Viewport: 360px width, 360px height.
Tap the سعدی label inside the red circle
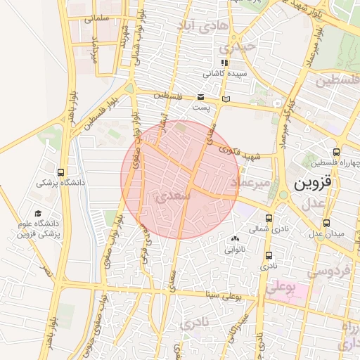(176, 198)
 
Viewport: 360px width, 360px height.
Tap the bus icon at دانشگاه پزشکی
(61, 172)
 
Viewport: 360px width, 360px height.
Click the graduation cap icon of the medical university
(37, 214)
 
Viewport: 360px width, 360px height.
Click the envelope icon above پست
(202, 96)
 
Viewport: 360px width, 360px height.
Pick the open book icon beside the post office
(225, 99)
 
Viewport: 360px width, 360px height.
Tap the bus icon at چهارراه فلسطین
(336, 151)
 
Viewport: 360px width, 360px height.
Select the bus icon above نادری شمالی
(269, 218)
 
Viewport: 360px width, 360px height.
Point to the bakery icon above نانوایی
(234, 239)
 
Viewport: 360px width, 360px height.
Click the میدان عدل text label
(328, 233)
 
